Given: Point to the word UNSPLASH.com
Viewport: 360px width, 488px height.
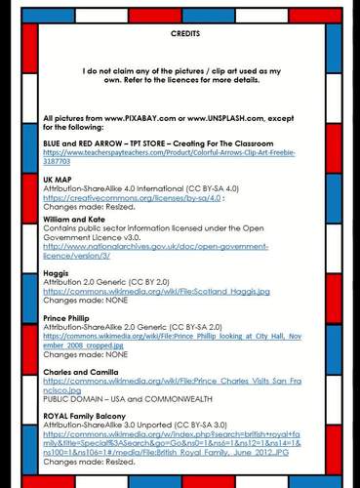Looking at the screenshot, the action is click(245, 118).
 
